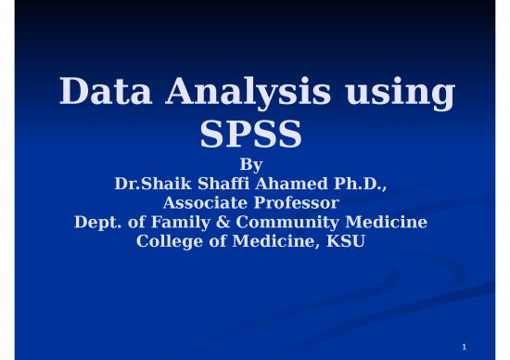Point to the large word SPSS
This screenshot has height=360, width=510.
tap(251, 135)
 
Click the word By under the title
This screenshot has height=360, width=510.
tap(251, 166)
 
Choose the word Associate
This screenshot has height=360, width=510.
tap(206, 203)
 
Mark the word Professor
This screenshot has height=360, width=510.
tap(297, 203)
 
